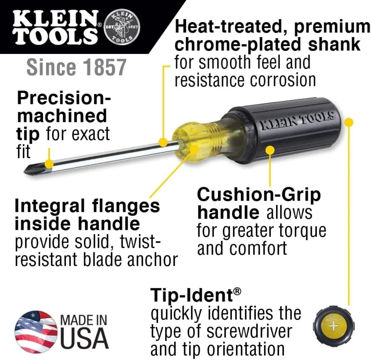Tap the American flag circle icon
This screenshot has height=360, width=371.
pos(36,332)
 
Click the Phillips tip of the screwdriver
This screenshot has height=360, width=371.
pos(32,169)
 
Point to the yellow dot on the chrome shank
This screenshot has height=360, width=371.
pos(163,143)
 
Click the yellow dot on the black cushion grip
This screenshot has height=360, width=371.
pos(270,151)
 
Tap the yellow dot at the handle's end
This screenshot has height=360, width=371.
pos(349,122)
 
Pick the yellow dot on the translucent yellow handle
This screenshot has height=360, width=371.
pos(194,149)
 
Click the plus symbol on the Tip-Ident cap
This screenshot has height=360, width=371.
pos(332,326)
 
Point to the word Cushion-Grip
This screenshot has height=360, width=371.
pos(259,195)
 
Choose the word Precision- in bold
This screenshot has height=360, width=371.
pos(64,98)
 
